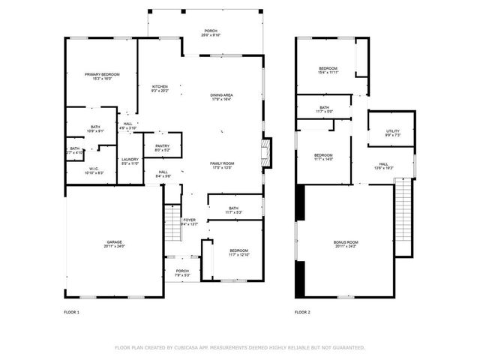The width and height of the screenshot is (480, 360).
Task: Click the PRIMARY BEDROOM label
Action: tap(102, 75)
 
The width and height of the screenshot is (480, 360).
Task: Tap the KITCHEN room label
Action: tap(160, 87)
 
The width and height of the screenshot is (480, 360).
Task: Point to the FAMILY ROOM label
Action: tap(222, 163)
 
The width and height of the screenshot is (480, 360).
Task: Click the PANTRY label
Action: tap(162, 146)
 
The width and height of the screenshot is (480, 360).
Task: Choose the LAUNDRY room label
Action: tap(130, 159)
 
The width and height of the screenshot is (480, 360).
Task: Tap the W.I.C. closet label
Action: tap(94, 169)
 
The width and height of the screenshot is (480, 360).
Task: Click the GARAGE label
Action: tap(114, 242)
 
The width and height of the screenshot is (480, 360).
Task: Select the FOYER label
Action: tap(189, 220)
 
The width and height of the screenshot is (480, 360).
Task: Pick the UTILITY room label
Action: tap(392, 131)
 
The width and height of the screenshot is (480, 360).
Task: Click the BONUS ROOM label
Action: tap(346, 242)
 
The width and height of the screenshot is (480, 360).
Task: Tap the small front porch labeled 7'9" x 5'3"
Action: tap(182, 271)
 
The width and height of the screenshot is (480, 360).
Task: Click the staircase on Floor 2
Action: tap(404, 217)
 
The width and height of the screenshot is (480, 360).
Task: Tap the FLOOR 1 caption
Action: tap(71, 311)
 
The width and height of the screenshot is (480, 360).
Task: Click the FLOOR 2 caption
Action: tap(301, 311)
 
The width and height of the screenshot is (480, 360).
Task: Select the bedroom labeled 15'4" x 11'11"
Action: tap(328, 70)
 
